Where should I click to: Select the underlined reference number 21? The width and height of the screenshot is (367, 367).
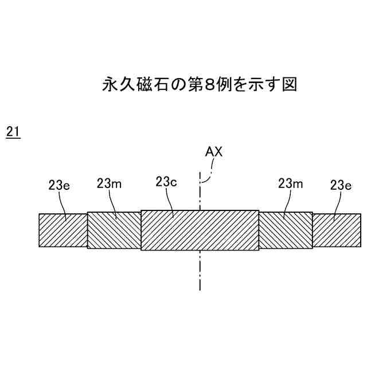coord(13,132)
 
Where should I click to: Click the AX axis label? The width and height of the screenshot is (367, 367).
coord(213,153)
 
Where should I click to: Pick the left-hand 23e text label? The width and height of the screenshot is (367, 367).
coord(58,185)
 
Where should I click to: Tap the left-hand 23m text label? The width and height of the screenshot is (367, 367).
coord(108,183)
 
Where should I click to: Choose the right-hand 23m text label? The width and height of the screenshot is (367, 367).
coord(290,183)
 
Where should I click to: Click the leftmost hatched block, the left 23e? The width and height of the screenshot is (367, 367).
coord(63,230)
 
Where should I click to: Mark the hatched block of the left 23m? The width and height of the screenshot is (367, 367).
coord(114,229)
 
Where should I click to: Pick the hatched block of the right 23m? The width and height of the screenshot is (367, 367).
coord(286,229)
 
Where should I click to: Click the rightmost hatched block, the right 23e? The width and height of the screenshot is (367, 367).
coord(337,230)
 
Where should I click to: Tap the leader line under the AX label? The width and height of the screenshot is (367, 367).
coord(209,170)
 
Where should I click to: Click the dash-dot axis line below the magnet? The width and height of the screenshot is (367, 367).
coord(200,270)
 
